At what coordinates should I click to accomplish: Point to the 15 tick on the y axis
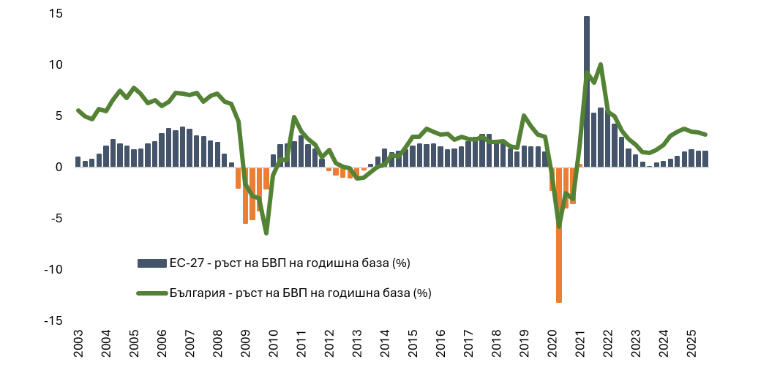coord(55,14)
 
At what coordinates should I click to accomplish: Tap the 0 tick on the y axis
coord(59,167)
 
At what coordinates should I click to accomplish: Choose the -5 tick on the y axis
coord(55,218)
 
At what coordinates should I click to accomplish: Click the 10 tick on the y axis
coord(55,64)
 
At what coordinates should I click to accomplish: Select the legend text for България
coord(301,293)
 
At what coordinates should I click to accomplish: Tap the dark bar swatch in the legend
coord(151,263)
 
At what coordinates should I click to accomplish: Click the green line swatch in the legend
coord(151,293)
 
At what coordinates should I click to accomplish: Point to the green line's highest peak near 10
coord(601,64)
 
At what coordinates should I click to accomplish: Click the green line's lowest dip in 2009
coord(266,233)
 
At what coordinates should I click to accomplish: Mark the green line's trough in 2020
coord(559,226)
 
